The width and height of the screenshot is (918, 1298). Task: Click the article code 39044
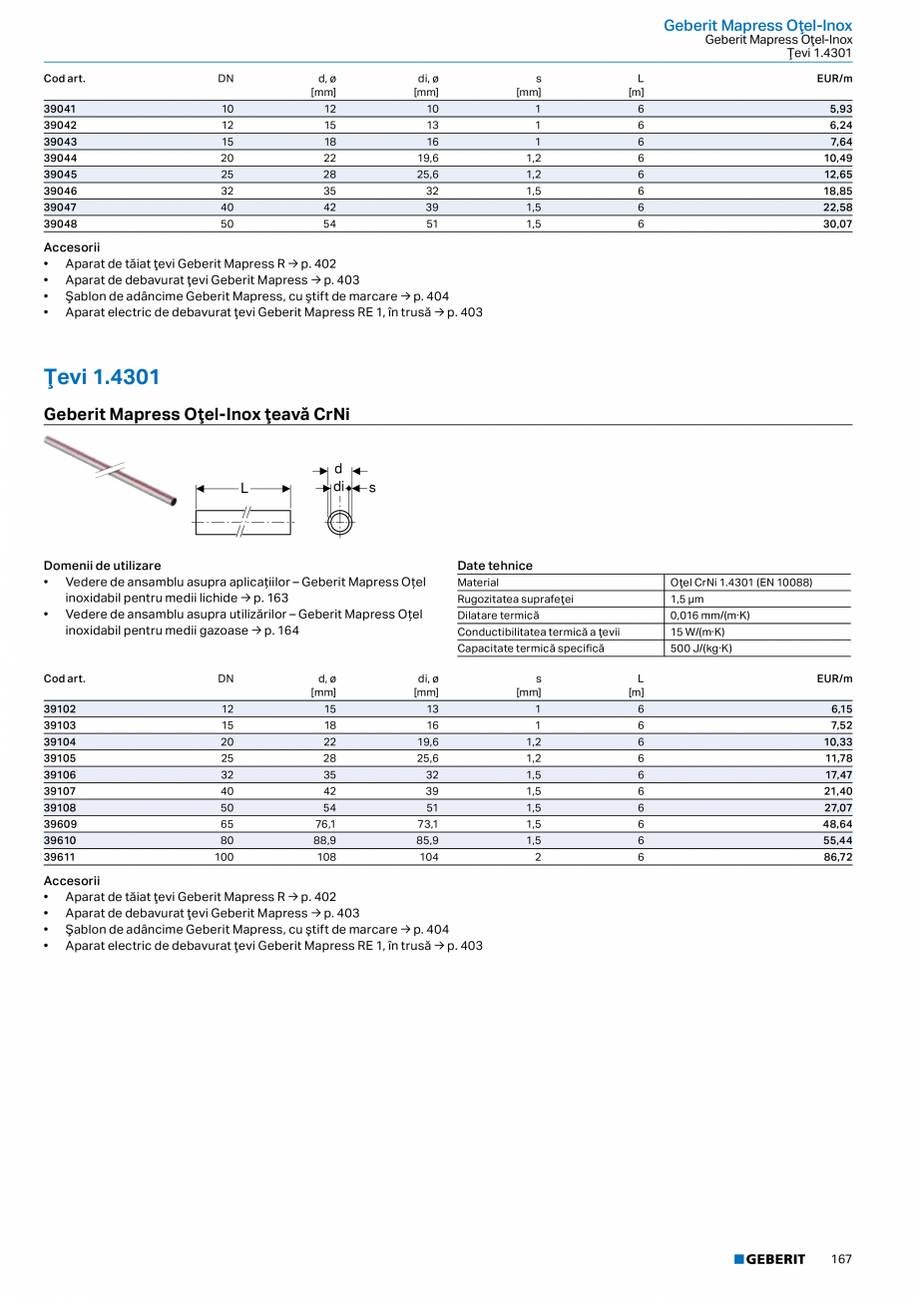tap(61, 158)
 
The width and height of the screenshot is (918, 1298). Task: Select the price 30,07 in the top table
tap(837, 223)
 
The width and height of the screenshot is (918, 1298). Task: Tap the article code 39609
tap(61, 824)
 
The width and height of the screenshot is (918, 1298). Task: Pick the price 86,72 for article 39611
tap(837, 857)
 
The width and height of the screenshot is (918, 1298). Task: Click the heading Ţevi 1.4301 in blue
tap(102, 377)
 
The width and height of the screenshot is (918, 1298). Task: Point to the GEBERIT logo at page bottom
tap(769, 1259)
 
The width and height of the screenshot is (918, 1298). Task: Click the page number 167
tap(841, 1259)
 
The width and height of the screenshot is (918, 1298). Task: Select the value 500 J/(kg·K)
tap(700, 649)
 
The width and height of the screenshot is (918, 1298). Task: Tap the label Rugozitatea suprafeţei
tap(516, 599)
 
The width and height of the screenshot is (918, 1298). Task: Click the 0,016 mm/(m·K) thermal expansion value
tap(709, 616)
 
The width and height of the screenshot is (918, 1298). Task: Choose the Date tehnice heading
tap(495, 566)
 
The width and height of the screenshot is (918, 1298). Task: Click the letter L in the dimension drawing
tap(243, 488)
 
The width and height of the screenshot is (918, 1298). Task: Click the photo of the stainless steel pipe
tap(110, 468)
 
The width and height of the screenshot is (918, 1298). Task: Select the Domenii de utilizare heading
tap(102, 566)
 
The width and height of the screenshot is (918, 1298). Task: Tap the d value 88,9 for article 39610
tap(323, 841)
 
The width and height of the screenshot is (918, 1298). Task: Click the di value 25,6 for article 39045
tap(426, 175)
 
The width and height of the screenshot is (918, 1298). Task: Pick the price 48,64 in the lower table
tap(837, 824)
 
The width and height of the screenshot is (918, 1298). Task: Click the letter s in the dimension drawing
tap(372, 488)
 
